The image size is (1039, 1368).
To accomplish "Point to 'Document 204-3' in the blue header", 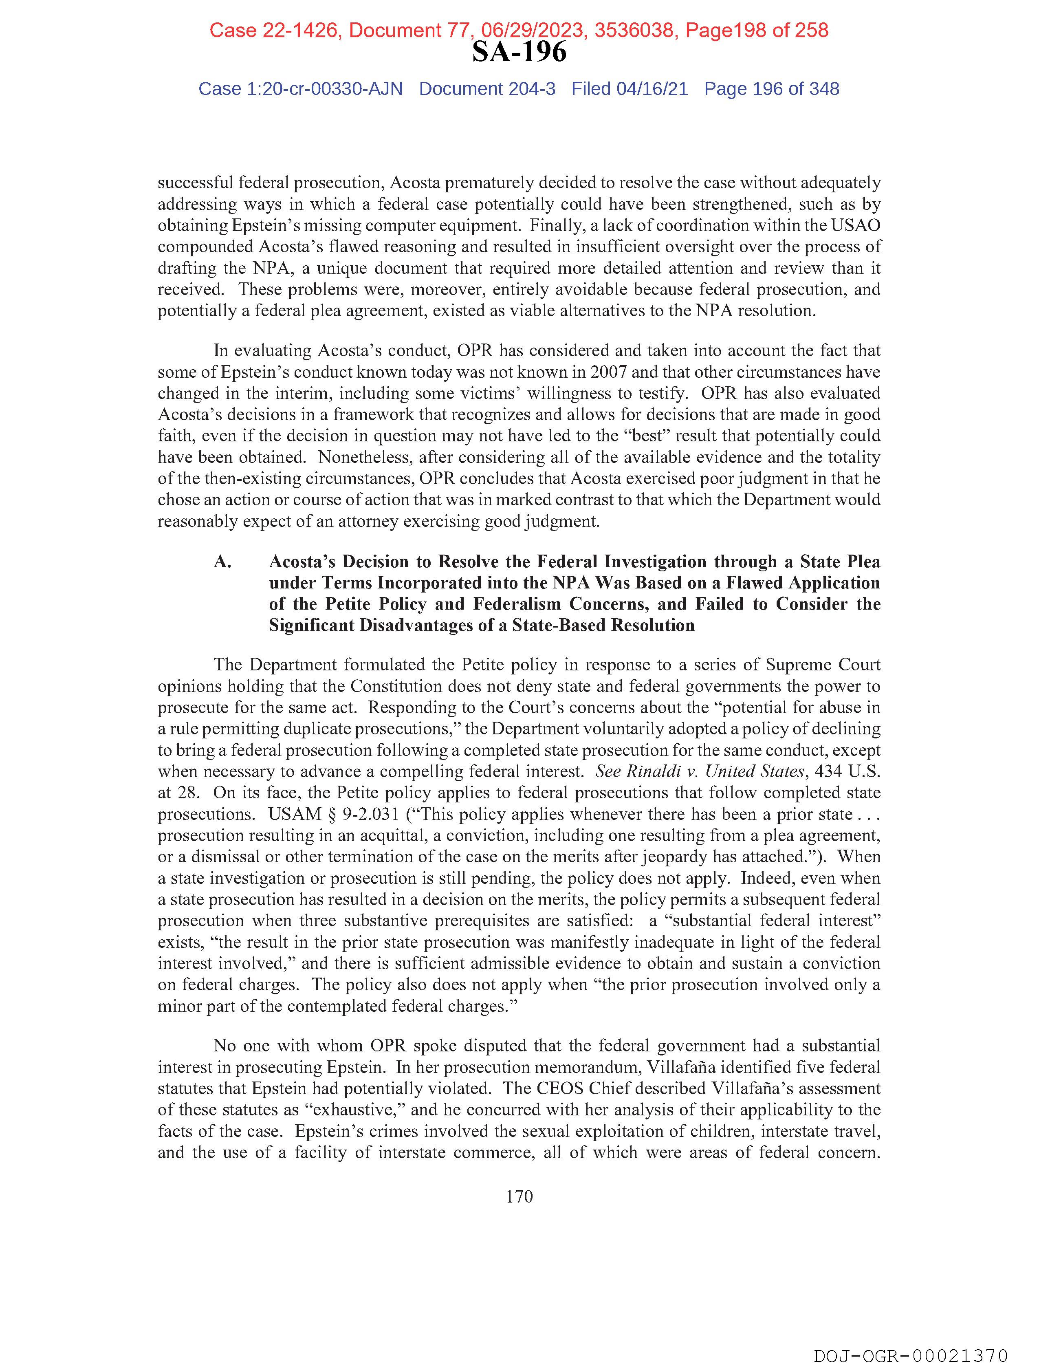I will pos(487,89).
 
